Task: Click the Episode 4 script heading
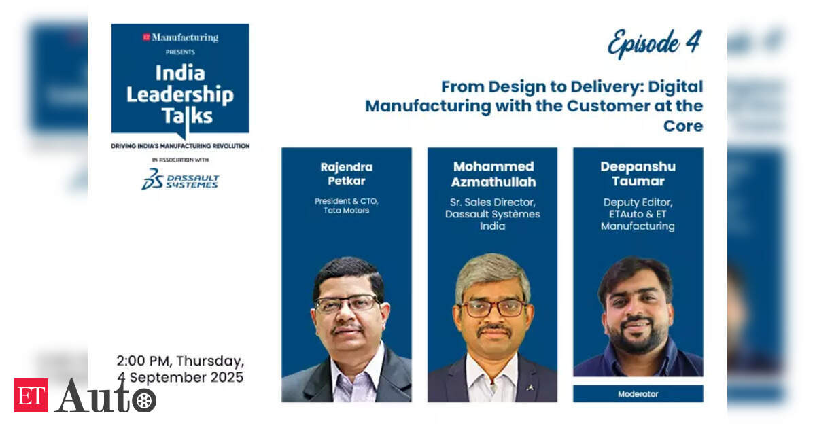coord(655,43)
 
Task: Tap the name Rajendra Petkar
coord(347,174)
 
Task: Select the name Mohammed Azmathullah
coord(493,174)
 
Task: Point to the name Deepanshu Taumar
coord(638,174)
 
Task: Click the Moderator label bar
coord(638,394)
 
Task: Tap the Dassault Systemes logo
coord(180,179)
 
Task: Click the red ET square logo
coord(31,395)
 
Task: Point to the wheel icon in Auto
coord(144,401)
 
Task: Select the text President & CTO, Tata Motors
coord(347,206)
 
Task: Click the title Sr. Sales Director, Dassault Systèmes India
coord(493,214)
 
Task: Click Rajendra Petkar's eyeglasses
coord(347,304)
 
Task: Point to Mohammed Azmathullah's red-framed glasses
coord(493,308)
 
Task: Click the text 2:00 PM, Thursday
coord(180,361)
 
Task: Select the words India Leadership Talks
coord(180,94)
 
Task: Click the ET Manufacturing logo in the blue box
coord(180,37)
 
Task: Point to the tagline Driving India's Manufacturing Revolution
coord(180,146)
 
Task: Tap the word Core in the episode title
coord(683,126)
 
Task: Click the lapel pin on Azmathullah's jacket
coord(529,387)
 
